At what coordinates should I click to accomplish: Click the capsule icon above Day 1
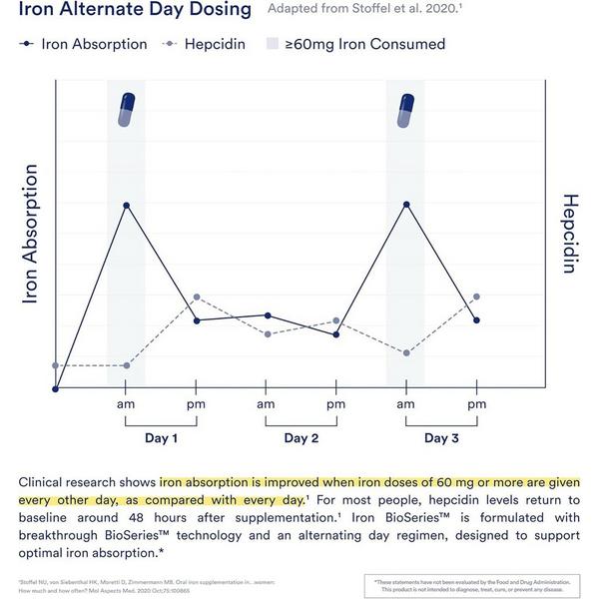click(126, 110)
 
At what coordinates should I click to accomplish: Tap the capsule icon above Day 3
click(405, 110)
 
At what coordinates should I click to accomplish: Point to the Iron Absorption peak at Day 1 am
click(126, 205)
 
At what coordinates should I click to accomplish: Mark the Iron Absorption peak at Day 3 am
click(405, 204)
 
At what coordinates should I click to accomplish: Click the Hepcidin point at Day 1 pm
click(197, 297)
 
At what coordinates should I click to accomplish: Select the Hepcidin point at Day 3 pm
click(476, 297)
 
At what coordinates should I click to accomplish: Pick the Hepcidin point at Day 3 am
click(405, 353)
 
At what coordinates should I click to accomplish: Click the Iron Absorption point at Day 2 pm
click(335, 334)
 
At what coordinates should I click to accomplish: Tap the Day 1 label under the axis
click(161, 438)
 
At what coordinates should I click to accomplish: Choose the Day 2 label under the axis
click(300, 438)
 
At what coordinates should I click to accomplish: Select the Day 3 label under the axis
click(441, 438)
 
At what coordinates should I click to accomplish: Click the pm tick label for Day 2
click(335, 404)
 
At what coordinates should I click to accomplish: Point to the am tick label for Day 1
click(126, 404)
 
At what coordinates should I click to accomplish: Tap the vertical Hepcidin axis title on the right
click(570, 234)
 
